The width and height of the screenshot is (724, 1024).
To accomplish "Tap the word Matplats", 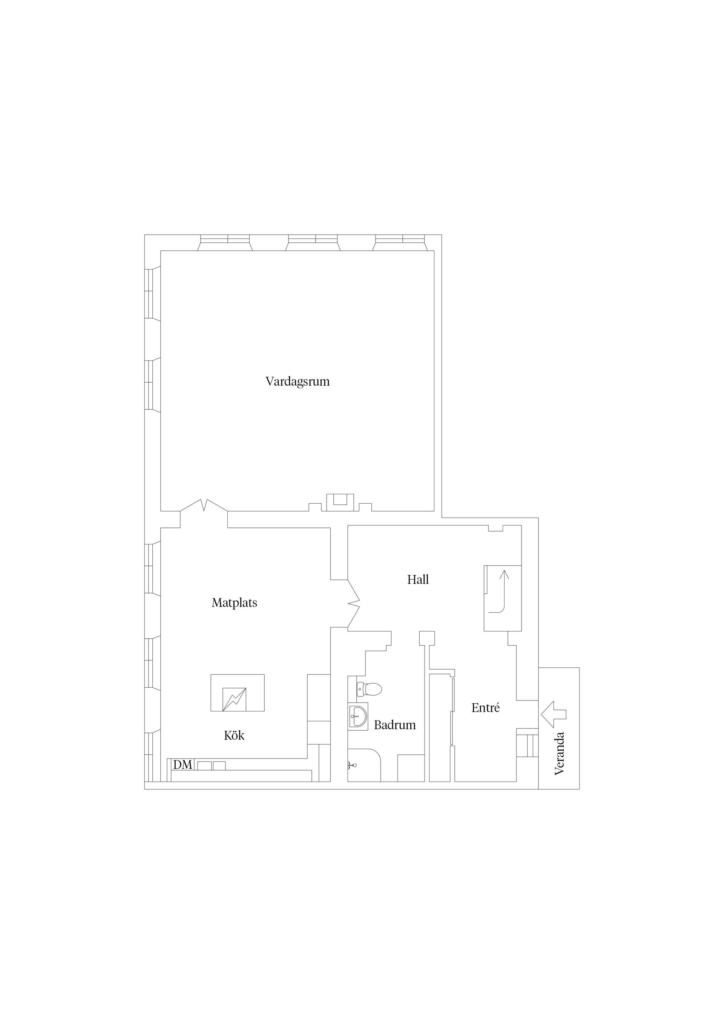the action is point(234,603).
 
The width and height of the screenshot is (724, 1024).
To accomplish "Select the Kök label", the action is point(234,736).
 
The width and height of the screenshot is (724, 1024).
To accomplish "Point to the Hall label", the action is point(418,580).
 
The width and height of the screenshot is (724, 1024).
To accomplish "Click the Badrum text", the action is point(395,725).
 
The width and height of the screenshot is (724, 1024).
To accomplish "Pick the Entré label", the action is point(485,708).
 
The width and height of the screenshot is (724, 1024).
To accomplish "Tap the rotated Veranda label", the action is point(559,754).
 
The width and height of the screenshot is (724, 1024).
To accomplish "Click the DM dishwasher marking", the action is point(183,765).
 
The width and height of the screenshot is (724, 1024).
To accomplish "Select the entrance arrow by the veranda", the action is point(554,714).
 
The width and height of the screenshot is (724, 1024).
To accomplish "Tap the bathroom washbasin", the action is point(358,717).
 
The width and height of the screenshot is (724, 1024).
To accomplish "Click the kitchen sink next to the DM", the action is point(212,766).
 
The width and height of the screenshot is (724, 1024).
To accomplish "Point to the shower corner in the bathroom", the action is point(364,765).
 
